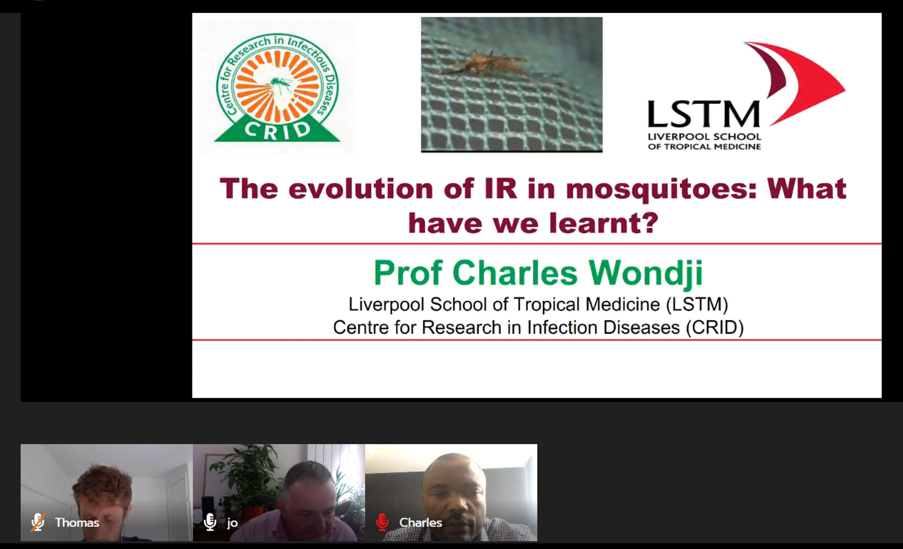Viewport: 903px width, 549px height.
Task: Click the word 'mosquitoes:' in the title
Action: (661, 189)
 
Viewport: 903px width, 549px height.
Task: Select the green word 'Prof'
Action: (408, 273)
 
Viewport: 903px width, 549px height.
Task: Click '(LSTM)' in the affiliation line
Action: (697, 304)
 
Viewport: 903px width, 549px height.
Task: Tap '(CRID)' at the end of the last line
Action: (715, 327)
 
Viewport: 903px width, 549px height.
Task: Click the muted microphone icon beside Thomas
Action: (38, 522)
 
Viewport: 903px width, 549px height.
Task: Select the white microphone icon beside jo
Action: (210, 522)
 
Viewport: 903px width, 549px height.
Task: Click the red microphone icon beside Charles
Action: (382, 522)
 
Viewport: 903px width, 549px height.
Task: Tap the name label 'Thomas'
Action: (77, 523)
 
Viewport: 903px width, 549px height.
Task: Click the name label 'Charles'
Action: (421, 523)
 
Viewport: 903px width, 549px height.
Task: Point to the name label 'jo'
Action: (232, 523)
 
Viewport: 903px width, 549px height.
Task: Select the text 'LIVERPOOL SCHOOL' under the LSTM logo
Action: (705, 137)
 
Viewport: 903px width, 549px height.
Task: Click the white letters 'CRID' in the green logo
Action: (277, 130)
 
